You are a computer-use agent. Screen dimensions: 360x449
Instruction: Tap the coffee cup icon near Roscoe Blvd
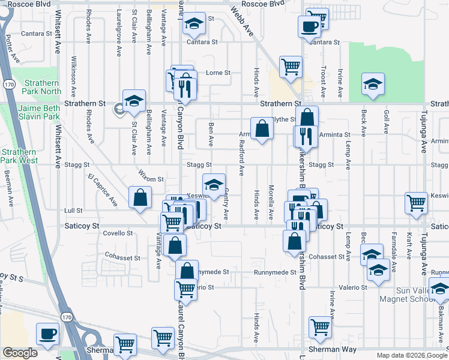coord(309,26)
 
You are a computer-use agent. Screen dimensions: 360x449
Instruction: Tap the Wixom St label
coord(152,179)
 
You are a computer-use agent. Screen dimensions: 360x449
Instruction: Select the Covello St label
coord(118,233)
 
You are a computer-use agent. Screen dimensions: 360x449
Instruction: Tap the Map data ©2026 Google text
coord(411,355)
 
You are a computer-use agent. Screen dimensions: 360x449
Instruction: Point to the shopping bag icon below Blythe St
coord(262,128)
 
